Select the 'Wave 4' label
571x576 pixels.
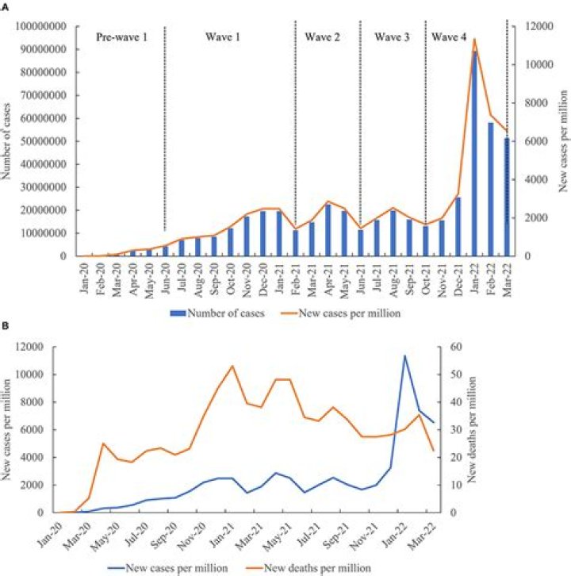tap(449, 37)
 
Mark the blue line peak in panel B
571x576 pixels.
tap(404, 355)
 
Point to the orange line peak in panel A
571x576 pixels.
tap(474, 39)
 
